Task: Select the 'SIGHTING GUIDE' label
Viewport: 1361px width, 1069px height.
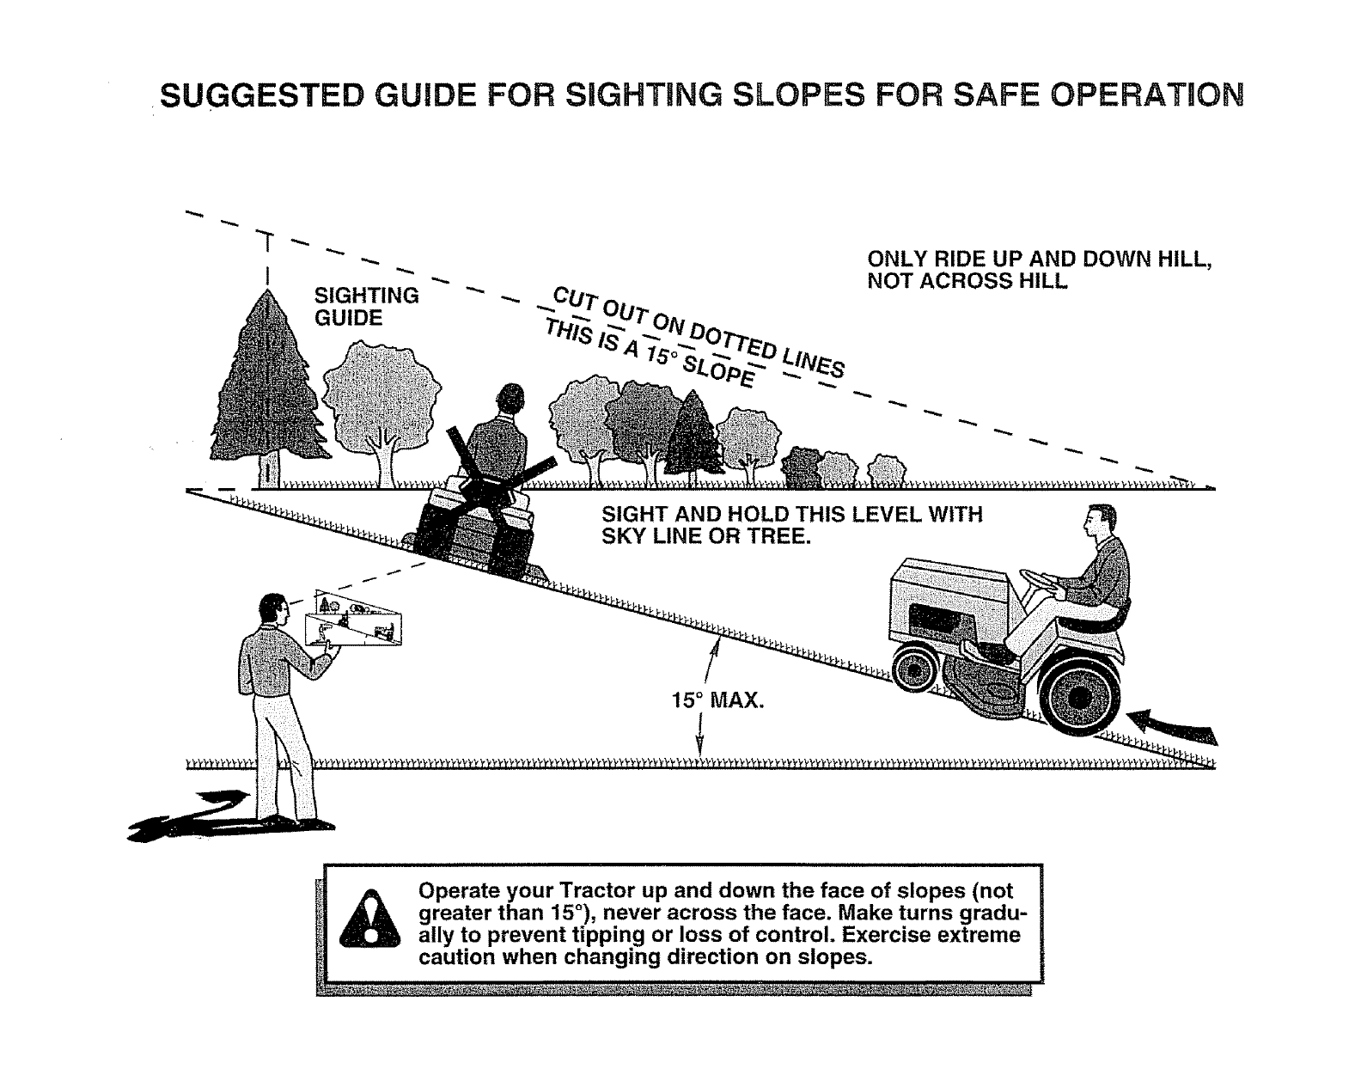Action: point(365,307)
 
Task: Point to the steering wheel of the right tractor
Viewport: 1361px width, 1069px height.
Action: point(1038,582)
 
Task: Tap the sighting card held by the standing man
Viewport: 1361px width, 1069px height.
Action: point(352,618)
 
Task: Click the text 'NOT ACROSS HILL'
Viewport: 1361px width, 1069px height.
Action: point(967,280)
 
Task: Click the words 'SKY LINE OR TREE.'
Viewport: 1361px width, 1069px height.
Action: point(706,536)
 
